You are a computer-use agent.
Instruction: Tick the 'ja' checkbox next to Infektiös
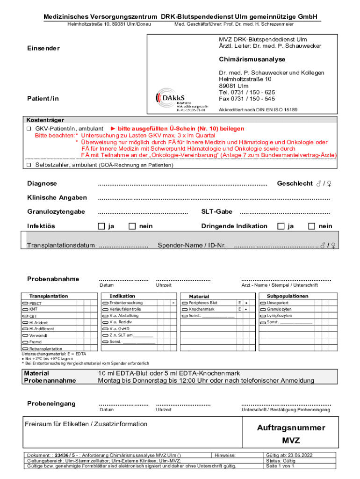101,226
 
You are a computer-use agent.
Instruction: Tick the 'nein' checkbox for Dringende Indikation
312,226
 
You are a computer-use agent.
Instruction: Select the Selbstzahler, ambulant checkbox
29,165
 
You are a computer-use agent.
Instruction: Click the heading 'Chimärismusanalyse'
252,60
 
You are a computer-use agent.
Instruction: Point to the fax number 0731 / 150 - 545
247,99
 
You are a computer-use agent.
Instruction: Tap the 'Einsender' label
43,49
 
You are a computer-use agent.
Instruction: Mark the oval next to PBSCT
25,304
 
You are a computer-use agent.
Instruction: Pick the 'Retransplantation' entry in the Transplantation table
45,349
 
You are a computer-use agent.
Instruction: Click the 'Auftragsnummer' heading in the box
291,428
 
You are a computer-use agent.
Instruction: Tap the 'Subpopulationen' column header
288,296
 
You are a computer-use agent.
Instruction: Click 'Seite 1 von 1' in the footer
280,466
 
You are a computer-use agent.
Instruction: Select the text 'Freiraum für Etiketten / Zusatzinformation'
86,424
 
